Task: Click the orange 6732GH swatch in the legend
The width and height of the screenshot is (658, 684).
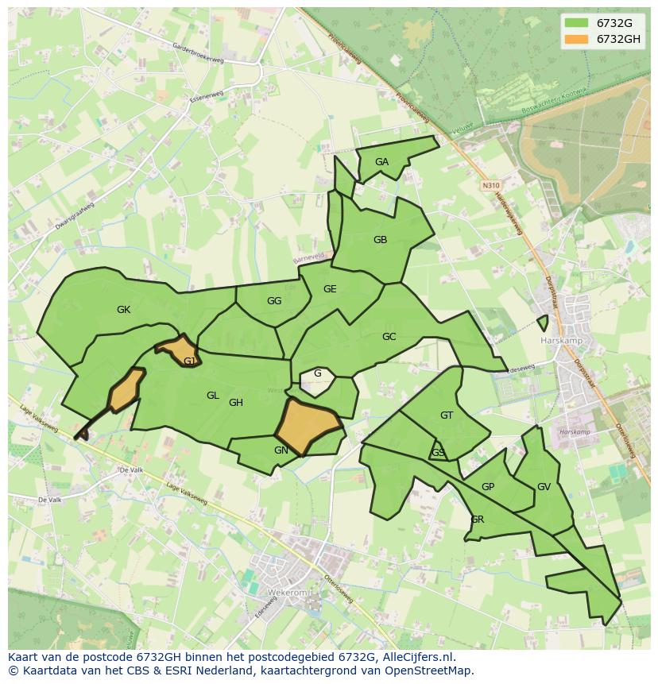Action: pos(577,39)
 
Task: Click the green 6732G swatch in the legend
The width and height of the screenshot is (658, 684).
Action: pos(577,23)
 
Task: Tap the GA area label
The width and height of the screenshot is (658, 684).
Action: pos(381,162)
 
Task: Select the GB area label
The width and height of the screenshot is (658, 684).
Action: pos(380,240)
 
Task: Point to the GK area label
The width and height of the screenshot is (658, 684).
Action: pos(123,310)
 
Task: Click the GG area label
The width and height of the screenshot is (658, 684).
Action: pos(274,301)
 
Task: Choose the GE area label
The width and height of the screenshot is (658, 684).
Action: pos(330,289)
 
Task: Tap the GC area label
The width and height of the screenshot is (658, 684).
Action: pos(389,337)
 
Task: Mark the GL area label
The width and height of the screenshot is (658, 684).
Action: pos(212,396)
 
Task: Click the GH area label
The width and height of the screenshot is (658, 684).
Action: pos(236,403)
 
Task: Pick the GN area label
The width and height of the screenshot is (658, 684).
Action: pos(281,450)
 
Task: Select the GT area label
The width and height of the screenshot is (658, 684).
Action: pos(447,415)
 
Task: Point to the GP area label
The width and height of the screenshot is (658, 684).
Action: pos(488,487)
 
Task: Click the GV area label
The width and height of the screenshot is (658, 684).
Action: pos(544,487)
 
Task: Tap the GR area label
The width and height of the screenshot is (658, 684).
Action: pos(477,520)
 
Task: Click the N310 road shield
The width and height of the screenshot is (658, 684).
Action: pos(490,185)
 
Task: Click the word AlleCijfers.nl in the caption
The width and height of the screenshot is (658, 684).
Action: pos(416,657)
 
